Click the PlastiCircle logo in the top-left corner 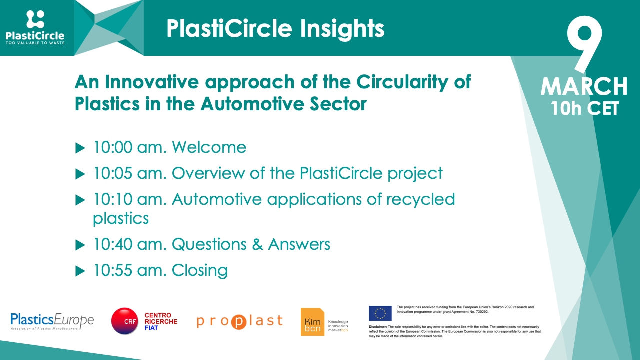pyautogui.click(x=35, y=27)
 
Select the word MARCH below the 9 pyautogui.click(x=584, y=86)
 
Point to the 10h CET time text pyautogui.click(x=584, y=107)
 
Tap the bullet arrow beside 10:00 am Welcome pyautogui.click(x=80, y=148)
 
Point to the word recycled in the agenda pyautogui.click(x=420, y=199)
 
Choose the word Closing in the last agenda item pyautogui.click(x=199, y=270)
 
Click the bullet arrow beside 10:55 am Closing pyautogui.click(x=80, y=271)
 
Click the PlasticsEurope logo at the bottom pyautogui.click(x=52, y=321)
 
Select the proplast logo pyautogui.click(x=240, y=321)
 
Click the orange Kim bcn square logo pyautogui.click(x=312, y=322)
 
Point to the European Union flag pyautogui.click(x=380, y=313)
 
